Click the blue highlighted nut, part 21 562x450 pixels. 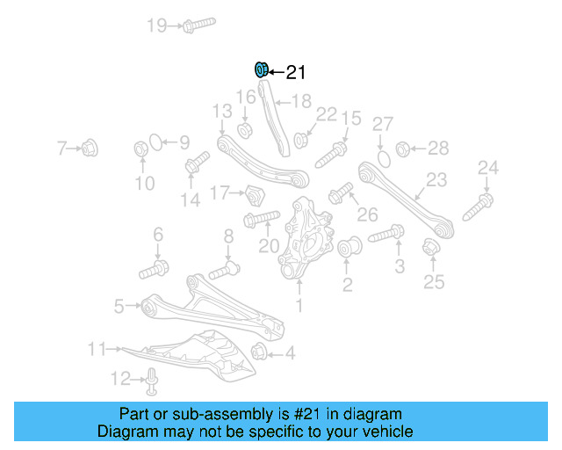[x=262, y=69]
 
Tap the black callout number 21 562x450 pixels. [x=296, y=72]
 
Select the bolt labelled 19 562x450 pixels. [x=199, y=25]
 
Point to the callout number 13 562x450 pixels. [x=222, y=112]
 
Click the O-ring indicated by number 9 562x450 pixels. [x=156, y=142]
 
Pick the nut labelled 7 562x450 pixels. [x=90, y=148]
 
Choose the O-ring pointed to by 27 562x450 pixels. [x=384, y=158]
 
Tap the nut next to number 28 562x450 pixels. [x=402, y=149]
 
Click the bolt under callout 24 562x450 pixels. [x=478, y=207]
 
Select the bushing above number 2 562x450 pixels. [x=349, y=247]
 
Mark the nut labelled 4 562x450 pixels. [x=259, y=351]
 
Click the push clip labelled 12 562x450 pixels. [x=152, y=381]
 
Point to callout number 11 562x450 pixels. [x=97, y=349]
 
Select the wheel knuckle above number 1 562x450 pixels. [x=306, y=237]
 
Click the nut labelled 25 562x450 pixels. [x=431, y=246]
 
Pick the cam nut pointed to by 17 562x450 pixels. [x=255, y=196]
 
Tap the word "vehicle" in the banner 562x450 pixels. [x=393, y=431]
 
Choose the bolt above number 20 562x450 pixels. [x=262, y=219]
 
